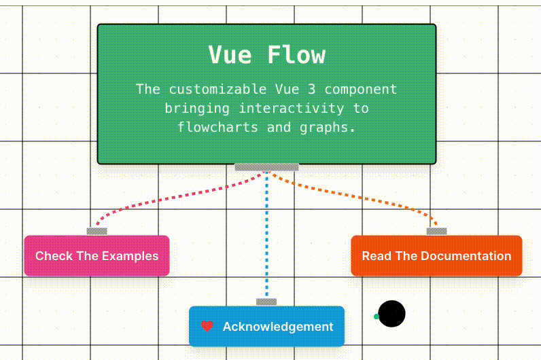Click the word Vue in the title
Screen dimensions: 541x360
(230, 55)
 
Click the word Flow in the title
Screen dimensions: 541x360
(296, 55)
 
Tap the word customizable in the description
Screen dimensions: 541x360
(217, 89)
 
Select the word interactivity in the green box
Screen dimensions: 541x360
(292, 108)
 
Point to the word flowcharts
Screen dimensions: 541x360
(217, 127)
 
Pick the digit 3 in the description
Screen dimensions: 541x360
(311, 89)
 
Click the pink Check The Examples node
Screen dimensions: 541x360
(97, 256)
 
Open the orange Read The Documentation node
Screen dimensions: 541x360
(436, 256)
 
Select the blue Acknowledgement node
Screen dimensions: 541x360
(266, 326)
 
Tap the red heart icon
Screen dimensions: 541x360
(207, 326)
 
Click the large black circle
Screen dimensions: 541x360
(391, 314)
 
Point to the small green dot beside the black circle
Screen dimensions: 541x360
(377, 317)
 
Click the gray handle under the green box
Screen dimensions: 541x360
(266, 167)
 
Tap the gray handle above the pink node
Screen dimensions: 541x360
(97, 232)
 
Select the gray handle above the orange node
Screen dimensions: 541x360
(437, 232)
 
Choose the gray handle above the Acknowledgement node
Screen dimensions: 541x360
(266, 302)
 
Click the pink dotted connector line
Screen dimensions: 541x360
(173, 198)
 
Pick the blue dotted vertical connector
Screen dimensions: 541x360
(266, 235)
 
